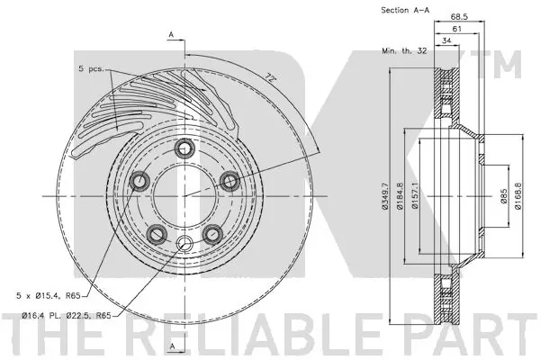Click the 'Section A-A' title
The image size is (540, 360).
[405, 10]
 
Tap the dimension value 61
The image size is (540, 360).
[458, 30]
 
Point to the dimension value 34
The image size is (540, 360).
[447, 41]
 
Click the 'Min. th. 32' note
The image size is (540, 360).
[401, 53]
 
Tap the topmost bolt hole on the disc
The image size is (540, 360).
[184, 149]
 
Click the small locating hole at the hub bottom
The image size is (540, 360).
[184, 245]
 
